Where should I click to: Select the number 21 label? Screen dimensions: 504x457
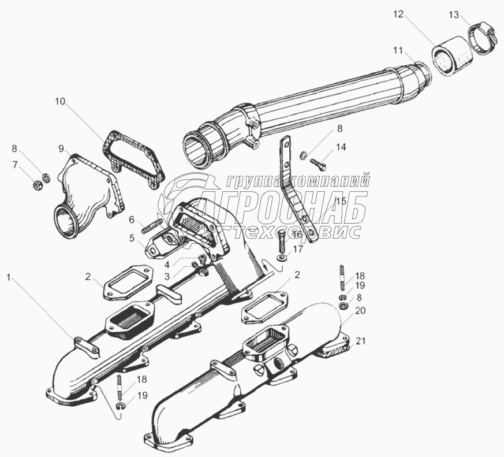point(360,341)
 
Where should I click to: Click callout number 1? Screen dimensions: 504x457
point(9,278)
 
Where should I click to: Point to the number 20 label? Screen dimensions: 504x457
point(360,310)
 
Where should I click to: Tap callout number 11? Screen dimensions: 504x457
point(398,51)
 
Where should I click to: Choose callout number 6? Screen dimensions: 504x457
point(132,220)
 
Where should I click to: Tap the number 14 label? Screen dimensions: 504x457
point(341,148)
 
